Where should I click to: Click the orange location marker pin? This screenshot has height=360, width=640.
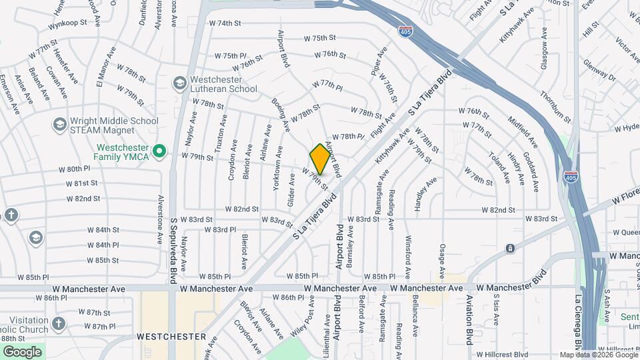pos(320,159)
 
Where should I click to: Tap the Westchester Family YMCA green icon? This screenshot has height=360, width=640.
pos(159,152)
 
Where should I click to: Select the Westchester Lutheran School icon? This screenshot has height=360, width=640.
pos(179,83)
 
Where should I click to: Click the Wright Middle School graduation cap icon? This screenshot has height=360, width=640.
pos(59,125)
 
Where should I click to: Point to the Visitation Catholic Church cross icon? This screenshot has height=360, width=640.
pos(59,324)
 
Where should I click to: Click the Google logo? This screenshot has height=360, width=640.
pos(22,351)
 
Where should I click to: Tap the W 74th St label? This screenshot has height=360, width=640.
pos(224,23)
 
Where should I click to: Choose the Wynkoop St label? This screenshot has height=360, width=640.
pos(67,23)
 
